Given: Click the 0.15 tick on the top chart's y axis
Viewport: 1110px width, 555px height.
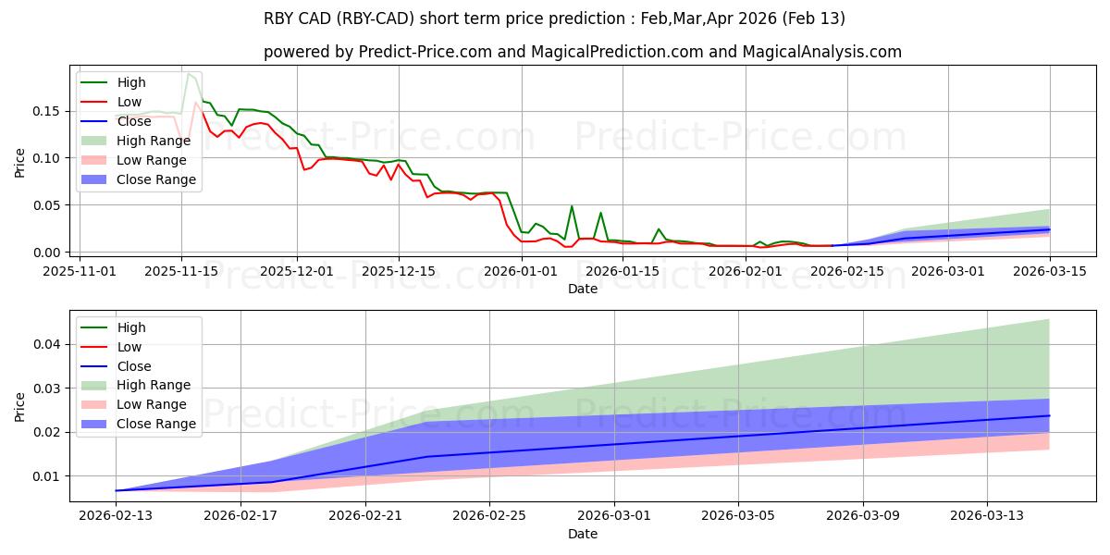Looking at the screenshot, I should point(47,111).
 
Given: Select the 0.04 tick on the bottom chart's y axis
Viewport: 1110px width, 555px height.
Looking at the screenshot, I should point(47,344).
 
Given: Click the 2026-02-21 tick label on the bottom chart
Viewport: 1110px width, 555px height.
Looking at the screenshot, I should point(365,515).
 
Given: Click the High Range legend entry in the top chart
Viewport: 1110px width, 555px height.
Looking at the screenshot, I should point(154,141).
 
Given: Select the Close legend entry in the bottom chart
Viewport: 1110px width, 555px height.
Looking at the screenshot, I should point(135,366).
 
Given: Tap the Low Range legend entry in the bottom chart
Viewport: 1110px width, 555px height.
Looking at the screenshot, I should point(152,404).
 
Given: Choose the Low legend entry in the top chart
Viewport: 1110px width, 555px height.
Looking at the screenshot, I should point(129,102).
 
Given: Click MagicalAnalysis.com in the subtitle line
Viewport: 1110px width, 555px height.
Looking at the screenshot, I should point(825,52).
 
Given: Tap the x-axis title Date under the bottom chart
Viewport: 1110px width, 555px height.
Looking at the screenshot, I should point(583,534).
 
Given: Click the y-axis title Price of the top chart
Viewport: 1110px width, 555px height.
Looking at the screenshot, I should point(20,162).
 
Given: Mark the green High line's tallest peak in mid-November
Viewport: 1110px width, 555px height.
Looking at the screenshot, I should point(188,73).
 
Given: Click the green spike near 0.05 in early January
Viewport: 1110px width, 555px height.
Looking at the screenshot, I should point(572,206).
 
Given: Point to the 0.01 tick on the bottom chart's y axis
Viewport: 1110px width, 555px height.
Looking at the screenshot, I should point(47,476).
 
